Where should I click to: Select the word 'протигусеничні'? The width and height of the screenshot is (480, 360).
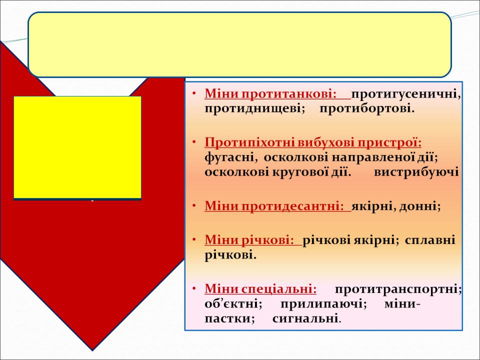click(x=405, y=93)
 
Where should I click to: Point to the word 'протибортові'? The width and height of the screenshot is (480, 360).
click(x=367, y=108)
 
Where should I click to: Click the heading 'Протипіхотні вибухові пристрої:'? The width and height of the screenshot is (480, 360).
click(x=313, y=142)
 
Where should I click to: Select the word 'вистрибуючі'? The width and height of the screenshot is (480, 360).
click(x=416, y=172)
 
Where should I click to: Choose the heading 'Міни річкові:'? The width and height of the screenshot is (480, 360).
click(x=249, y=239)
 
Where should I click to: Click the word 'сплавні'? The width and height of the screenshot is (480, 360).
click(x=430, y=239)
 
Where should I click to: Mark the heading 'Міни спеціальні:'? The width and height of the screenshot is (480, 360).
click(x=260, y=288)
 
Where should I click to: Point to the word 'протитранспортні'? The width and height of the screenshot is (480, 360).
click(x=398, y=288)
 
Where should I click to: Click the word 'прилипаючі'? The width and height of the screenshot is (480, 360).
click(x=323, y=304)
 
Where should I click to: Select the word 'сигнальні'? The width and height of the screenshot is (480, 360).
click(x=306, y=318)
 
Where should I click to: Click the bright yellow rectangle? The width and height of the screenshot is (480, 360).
click(x=77, y=147)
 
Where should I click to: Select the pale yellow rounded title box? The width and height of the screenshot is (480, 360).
click(x=239, y=44)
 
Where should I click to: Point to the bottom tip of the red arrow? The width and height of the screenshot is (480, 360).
click(x=92, y=350)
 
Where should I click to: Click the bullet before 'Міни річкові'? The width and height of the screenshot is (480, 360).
click(x=194, y=239)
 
